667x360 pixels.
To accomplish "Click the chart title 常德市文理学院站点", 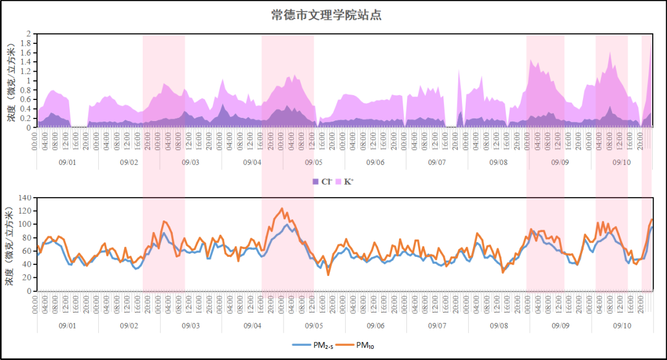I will coord(326,15).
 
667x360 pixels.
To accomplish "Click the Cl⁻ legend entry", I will coord(323,182).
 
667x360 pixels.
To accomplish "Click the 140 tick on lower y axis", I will coord(26,198).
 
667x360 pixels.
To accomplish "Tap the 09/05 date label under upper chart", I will coord(314,162).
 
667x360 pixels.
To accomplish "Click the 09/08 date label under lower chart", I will coord(499,325).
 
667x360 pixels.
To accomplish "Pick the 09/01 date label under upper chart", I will coord(67,162).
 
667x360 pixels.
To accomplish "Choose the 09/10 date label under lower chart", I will coord(622,325).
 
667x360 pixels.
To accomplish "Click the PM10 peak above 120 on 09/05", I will coord(282,209).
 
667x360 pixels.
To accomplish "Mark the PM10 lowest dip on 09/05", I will coord(328,275).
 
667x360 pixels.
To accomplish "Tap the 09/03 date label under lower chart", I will coord(190,325).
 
